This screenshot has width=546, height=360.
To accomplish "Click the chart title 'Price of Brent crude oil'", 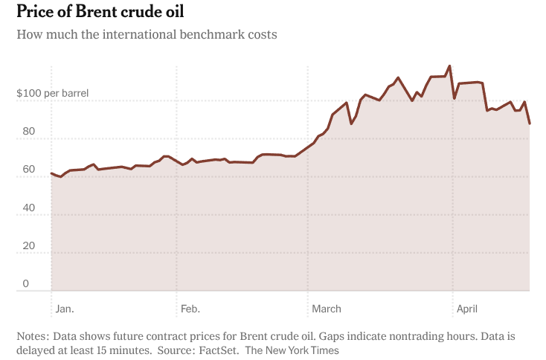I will [x=100, y=13].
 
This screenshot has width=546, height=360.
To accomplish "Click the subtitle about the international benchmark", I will [x=147, y=35].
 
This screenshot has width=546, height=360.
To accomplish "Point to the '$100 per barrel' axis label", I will [x=52, y=94].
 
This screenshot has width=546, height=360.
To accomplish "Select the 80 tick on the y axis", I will [x=29, y=132].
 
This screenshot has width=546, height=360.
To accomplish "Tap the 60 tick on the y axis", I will [x=29, y=170].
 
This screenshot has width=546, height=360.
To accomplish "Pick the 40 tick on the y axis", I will [x=29, y=208].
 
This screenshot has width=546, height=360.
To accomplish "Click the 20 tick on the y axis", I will [x=29, y=245].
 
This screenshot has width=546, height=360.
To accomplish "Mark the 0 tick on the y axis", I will [x=26, y=283].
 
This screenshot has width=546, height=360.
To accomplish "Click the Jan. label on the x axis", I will [x=65, y=309].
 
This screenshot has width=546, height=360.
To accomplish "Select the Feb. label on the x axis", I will [x=190, y=309].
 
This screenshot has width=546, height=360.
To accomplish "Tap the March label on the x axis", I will [x=327, y=309].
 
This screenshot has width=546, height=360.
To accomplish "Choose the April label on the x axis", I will [x=467, y=309].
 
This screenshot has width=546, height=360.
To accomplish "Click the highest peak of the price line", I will [x=449, y=66].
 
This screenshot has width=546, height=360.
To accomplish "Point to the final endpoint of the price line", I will [x=530, y=123].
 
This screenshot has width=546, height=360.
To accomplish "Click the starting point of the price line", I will [x=51, y=173].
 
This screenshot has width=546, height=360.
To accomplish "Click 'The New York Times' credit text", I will [x=292, y=350].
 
